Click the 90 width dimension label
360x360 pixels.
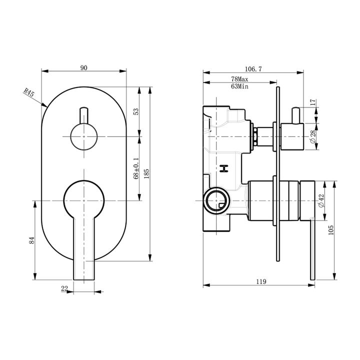pos(84,68)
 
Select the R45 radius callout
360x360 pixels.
pos(28,92)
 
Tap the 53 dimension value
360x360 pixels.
pos(136,111)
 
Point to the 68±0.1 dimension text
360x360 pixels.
pos(136,168)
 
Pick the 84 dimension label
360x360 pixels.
pos(32,239)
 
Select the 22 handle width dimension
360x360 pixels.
pos(64,288)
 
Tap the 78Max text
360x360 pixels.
pos(240,79)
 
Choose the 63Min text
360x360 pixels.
pos(240,86)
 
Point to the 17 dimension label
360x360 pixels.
pos(313,102)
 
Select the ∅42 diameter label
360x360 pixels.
pos(321,201)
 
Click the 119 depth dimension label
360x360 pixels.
pos(260,282)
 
